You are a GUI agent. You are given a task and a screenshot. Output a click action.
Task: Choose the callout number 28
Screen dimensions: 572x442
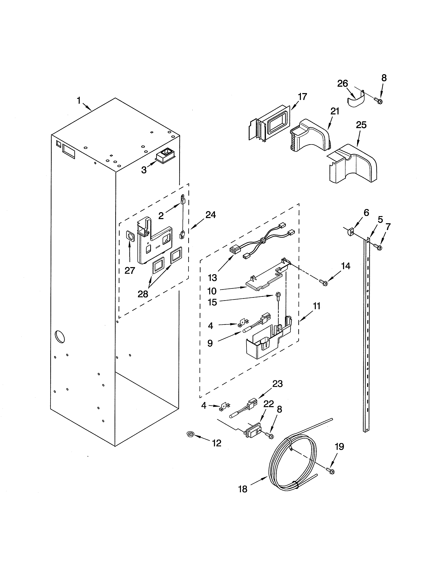tap(143, 294)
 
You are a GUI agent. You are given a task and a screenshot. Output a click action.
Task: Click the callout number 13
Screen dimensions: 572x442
tap(212, 278)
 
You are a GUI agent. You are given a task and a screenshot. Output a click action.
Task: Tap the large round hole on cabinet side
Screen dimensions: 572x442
tap(59, 337)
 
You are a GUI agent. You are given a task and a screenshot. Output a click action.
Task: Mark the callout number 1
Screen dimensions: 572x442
tap(79, 100)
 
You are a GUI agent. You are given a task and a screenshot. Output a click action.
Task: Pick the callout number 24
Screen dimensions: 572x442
tap(211, 215)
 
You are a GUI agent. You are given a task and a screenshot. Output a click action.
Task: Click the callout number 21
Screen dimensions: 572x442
tap(335, 111)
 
